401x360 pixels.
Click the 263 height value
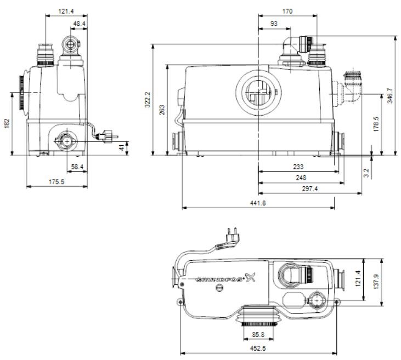162,110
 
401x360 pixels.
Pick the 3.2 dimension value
366,172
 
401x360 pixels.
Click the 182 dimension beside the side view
6,124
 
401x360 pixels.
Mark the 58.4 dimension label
76,165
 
